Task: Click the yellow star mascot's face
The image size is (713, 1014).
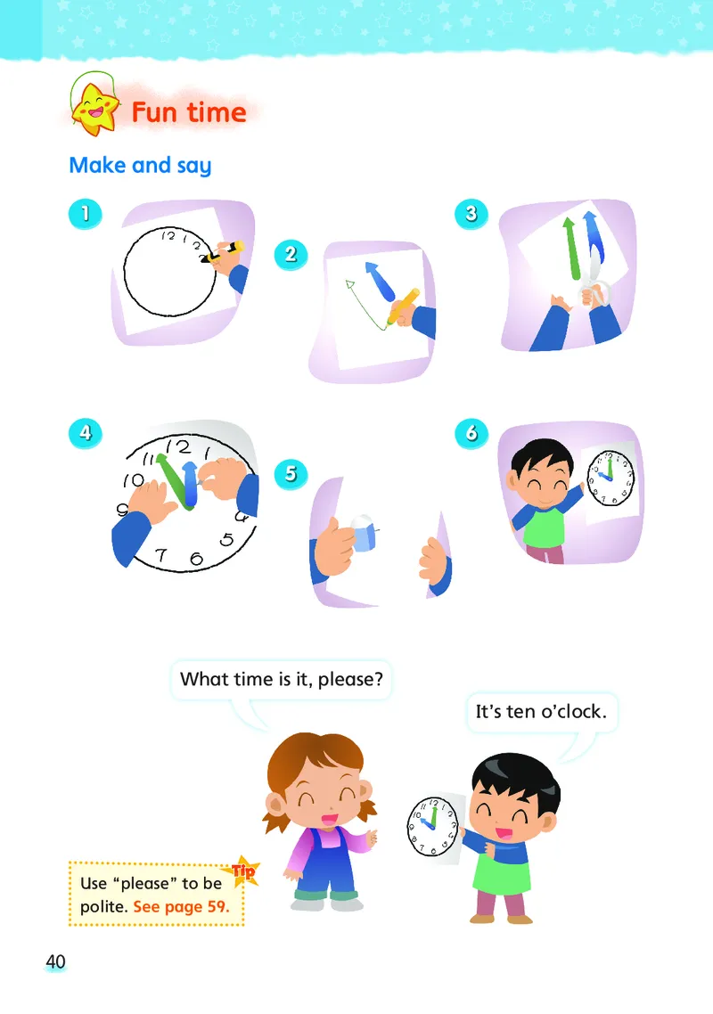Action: (95, 109)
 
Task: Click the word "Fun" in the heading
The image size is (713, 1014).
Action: (154, 112)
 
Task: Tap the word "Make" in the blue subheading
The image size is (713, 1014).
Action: (98, 165)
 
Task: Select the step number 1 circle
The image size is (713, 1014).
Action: (86, 214)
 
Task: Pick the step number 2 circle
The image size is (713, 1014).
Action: (291, 254)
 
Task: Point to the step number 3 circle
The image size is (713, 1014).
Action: (471, 214)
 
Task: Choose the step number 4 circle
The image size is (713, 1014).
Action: (86, 433)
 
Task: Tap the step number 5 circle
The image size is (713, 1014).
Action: (291, 474)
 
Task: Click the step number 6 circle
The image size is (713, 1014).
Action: (471, 433)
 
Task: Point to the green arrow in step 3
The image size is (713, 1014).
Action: (571, 249)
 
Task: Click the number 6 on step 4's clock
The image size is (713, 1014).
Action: (196, 558)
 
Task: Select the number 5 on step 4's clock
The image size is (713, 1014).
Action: (226, 539)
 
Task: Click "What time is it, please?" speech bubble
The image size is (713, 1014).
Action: (282, 679)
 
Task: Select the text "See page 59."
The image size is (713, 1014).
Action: (181, 907)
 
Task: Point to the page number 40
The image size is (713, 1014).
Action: (55, 961)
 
